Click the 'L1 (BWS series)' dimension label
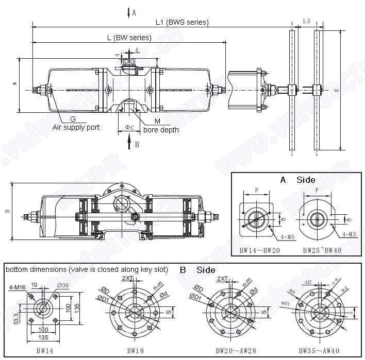point(181,22)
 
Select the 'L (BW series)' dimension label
point(129,38)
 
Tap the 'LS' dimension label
point(306,21)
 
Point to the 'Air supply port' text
point(76,127)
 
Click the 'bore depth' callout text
point(161,130)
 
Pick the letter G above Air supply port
point(73,119)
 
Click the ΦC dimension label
point(129,127)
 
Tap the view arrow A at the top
point(130,13)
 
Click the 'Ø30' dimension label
point(62,286)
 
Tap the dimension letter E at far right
point(336,90)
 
